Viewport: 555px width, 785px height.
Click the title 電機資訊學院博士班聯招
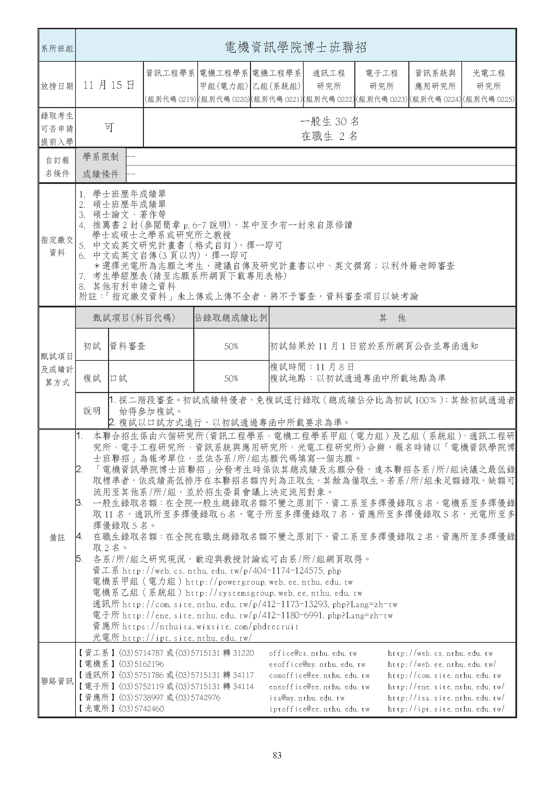pyautogui.click(x=296, y=47)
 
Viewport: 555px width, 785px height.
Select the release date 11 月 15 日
pyautogui.click(x=109, y=85)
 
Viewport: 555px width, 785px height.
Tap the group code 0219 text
pyautogui.click(x=170, y=99)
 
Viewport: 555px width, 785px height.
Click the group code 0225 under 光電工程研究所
pyautogui.click(x=488, y=99)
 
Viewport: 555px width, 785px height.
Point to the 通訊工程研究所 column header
pyautogui.click(x=329, y=79)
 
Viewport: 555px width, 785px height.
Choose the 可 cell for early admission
pyautogui.click(x=109, y=128)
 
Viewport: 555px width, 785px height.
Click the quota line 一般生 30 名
pyautogui.click(x=329, y=121)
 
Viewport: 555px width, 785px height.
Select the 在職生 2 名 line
pyautogui.click(x=329, y=136)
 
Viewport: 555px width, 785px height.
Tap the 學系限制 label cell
pyautogui.click(x=100, y=157)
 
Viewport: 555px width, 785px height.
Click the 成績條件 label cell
pyautogui.click(x=100, y=175)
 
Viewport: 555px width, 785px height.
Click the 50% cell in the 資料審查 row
pyautogui.click(x=231, y=346)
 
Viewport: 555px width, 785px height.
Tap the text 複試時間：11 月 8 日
pyautogui.click(x=312, y=367)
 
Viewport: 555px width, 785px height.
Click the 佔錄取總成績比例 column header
pyautogui.click(x=231, y=318)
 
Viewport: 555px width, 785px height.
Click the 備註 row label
pyautogui.click(x=57, y=538)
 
